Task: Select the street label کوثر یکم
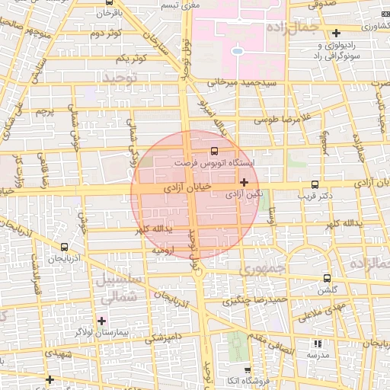(x=132, y=59)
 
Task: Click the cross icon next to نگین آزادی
(x=244, y=182)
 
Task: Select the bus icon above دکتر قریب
(x=315, y=185)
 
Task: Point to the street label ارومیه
(x=164, y=249)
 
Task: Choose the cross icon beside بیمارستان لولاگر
(x=102, y=320)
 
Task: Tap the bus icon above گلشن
(x=328, y=278)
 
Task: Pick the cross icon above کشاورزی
(x=336, y=33)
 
